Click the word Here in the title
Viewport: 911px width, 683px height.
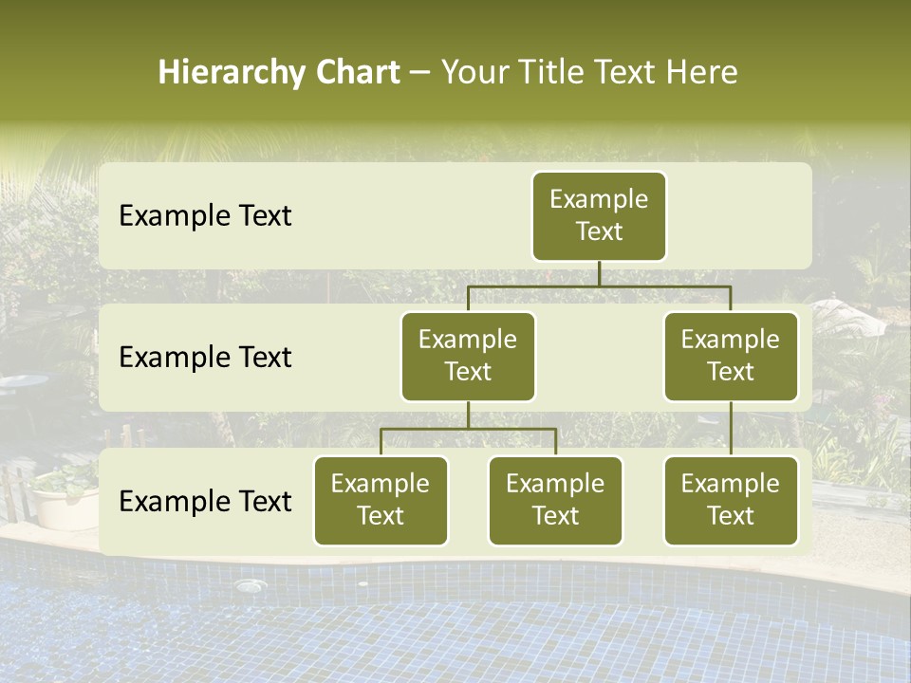point(699,73)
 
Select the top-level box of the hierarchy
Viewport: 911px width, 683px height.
point(599,215)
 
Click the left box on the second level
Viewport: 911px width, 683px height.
point(468,356)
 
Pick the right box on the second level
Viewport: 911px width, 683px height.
point(731,356)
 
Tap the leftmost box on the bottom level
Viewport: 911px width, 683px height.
point(381,500)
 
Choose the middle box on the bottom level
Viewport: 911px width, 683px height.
point(555,500)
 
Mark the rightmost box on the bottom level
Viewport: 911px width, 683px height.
point(731,500)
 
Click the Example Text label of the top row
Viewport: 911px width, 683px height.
point(205,216)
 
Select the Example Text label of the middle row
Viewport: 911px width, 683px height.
point(205,358)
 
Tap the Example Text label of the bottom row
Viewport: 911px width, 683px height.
point(205,501)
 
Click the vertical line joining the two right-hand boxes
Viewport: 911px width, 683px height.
point(731,429)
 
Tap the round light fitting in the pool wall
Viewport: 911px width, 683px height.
point(250,586)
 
